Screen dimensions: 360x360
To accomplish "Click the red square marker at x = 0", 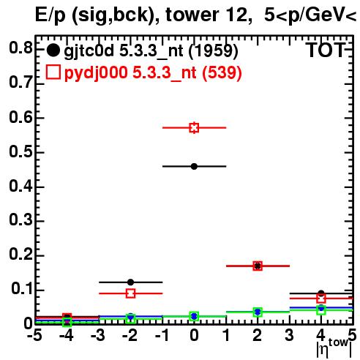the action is pos(194,127).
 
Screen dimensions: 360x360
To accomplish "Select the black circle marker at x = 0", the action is pos(194,167).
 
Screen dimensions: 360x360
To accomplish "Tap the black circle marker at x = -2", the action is pos(130,282).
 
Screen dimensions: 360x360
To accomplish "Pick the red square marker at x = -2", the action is pos(131,293).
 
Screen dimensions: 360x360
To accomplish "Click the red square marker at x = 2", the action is pos(258,266).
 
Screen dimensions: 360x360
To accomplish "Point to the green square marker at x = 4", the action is pos(321,310).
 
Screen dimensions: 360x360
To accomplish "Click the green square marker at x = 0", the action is pos(194,316).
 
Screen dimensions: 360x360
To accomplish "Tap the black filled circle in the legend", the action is pos(53,50).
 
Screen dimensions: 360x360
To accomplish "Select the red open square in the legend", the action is pos(53,72).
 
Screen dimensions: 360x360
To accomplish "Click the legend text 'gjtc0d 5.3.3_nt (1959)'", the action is pos(151,50).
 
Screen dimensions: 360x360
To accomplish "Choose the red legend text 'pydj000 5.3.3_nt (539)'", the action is pos(153,72).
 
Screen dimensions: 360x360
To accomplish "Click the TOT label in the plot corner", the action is pos(326,50).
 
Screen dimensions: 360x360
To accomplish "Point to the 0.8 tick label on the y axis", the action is pos(20,48).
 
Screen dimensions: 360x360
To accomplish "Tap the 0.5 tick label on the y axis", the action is pos(20,151).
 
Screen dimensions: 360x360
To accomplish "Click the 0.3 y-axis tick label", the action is pos(20,220).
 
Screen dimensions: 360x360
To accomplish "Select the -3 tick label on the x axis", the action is pos(98,335).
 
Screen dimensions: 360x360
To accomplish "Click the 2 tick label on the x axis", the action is pos(258,335).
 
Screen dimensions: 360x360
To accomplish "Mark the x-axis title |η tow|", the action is pos(334,348).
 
